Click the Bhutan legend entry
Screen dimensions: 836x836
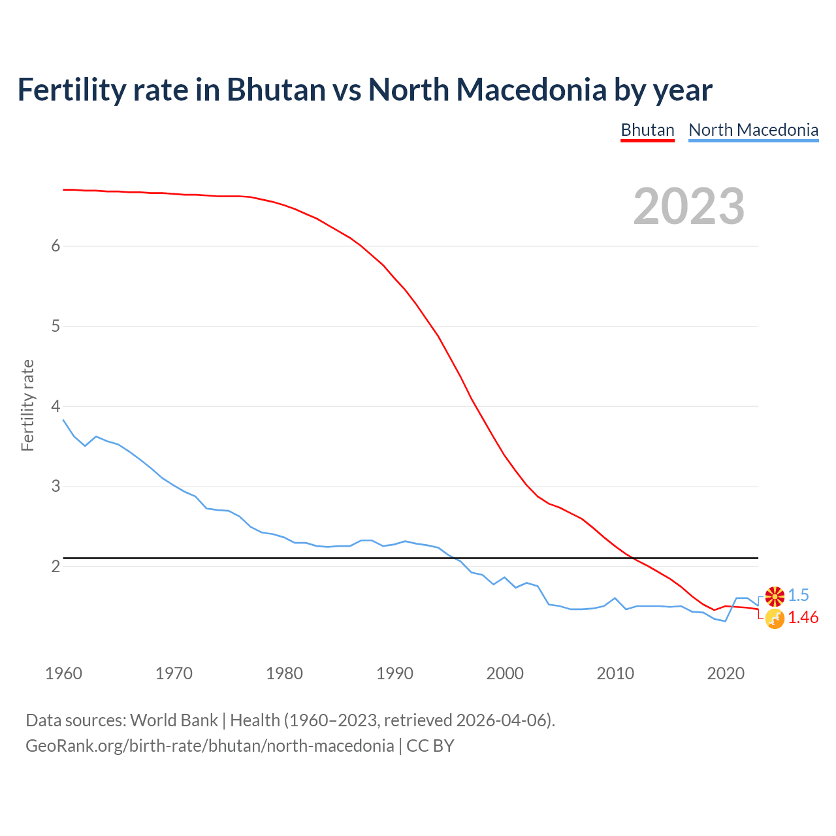[647, 130]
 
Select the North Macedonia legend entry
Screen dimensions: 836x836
[753, 130]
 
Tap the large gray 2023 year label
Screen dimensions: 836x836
[689, 206]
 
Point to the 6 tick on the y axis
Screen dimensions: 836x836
[56, 246]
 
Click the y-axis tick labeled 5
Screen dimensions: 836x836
[56, 326]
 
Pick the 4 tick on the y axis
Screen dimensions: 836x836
[56, 406]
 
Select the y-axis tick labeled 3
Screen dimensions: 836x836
[56, 487]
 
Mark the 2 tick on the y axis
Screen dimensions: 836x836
[56, 566]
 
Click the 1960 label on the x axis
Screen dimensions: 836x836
[63, 673]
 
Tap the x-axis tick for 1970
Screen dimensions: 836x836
[174, 673]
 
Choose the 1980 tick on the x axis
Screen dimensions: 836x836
[284, 673]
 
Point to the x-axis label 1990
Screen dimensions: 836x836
[394, 673]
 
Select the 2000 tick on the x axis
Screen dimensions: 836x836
[505, 673]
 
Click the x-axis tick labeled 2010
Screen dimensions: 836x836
[615, 673]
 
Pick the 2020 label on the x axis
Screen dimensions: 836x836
[726, 673]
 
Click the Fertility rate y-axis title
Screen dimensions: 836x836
[27, 406]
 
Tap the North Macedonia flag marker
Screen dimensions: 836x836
[775, 596]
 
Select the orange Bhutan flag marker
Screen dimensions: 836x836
[775, 619]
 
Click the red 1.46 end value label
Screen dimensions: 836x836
[803, 618]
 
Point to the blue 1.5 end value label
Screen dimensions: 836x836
[798, 595]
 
